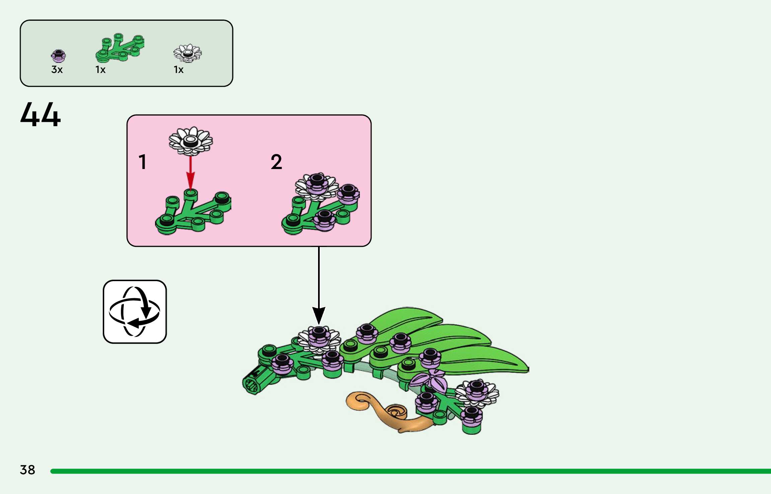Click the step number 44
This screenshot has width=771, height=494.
tap(41, 114)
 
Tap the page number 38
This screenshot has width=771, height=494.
tap(27, 470)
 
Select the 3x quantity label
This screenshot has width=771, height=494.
tap(57, 70)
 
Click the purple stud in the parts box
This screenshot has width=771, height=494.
tap(58, 56)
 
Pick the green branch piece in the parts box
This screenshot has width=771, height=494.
tap(120, 48)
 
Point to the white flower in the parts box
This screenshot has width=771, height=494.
tap(187, 53)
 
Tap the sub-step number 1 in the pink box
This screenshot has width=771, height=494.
tap(143, 162)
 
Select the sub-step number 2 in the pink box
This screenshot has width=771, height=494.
tap(276, 162)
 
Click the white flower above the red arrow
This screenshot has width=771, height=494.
tap(190, 141)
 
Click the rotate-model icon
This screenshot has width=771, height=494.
tap(135, 312)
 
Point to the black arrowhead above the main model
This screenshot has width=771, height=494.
tap(319, 315)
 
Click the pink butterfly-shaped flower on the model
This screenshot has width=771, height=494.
tap(429, 380)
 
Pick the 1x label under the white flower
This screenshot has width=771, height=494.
tap(178, 70)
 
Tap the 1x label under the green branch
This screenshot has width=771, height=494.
tap(100, 70)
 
